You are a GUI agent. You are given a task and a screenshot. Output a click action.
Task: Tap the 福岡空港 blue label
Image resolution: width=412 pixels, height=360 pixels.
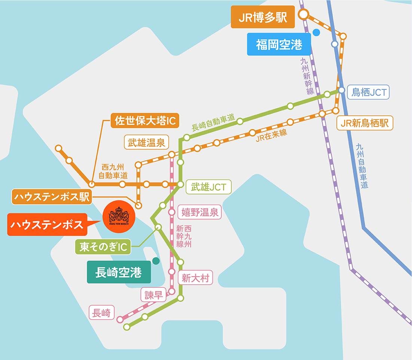[279, 45]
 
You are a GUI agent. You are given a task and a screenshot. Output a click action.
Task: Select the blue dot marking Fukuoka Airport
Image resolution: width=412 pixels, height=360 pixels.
[316, 33]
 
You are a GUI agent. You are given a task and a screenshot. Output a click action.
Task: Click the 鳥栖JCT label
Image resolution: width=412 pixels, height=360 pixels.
[369, 92]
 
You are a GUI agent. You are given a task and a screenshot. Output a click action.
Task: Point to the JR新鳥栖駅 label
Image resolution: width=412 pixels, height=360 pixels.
[365, 122]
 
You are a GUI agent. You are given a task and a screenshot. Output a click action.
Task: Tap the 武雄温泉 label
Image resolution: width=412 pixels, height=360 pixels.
[146, 142]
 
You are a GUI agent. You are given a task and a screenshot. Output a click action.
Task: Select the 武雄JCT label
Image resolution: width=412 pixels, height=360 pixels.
[208, 186]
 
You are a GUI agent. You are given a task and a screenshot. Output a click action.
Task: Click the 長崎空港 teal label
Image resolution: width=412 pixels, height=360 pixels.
[119, 273]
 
